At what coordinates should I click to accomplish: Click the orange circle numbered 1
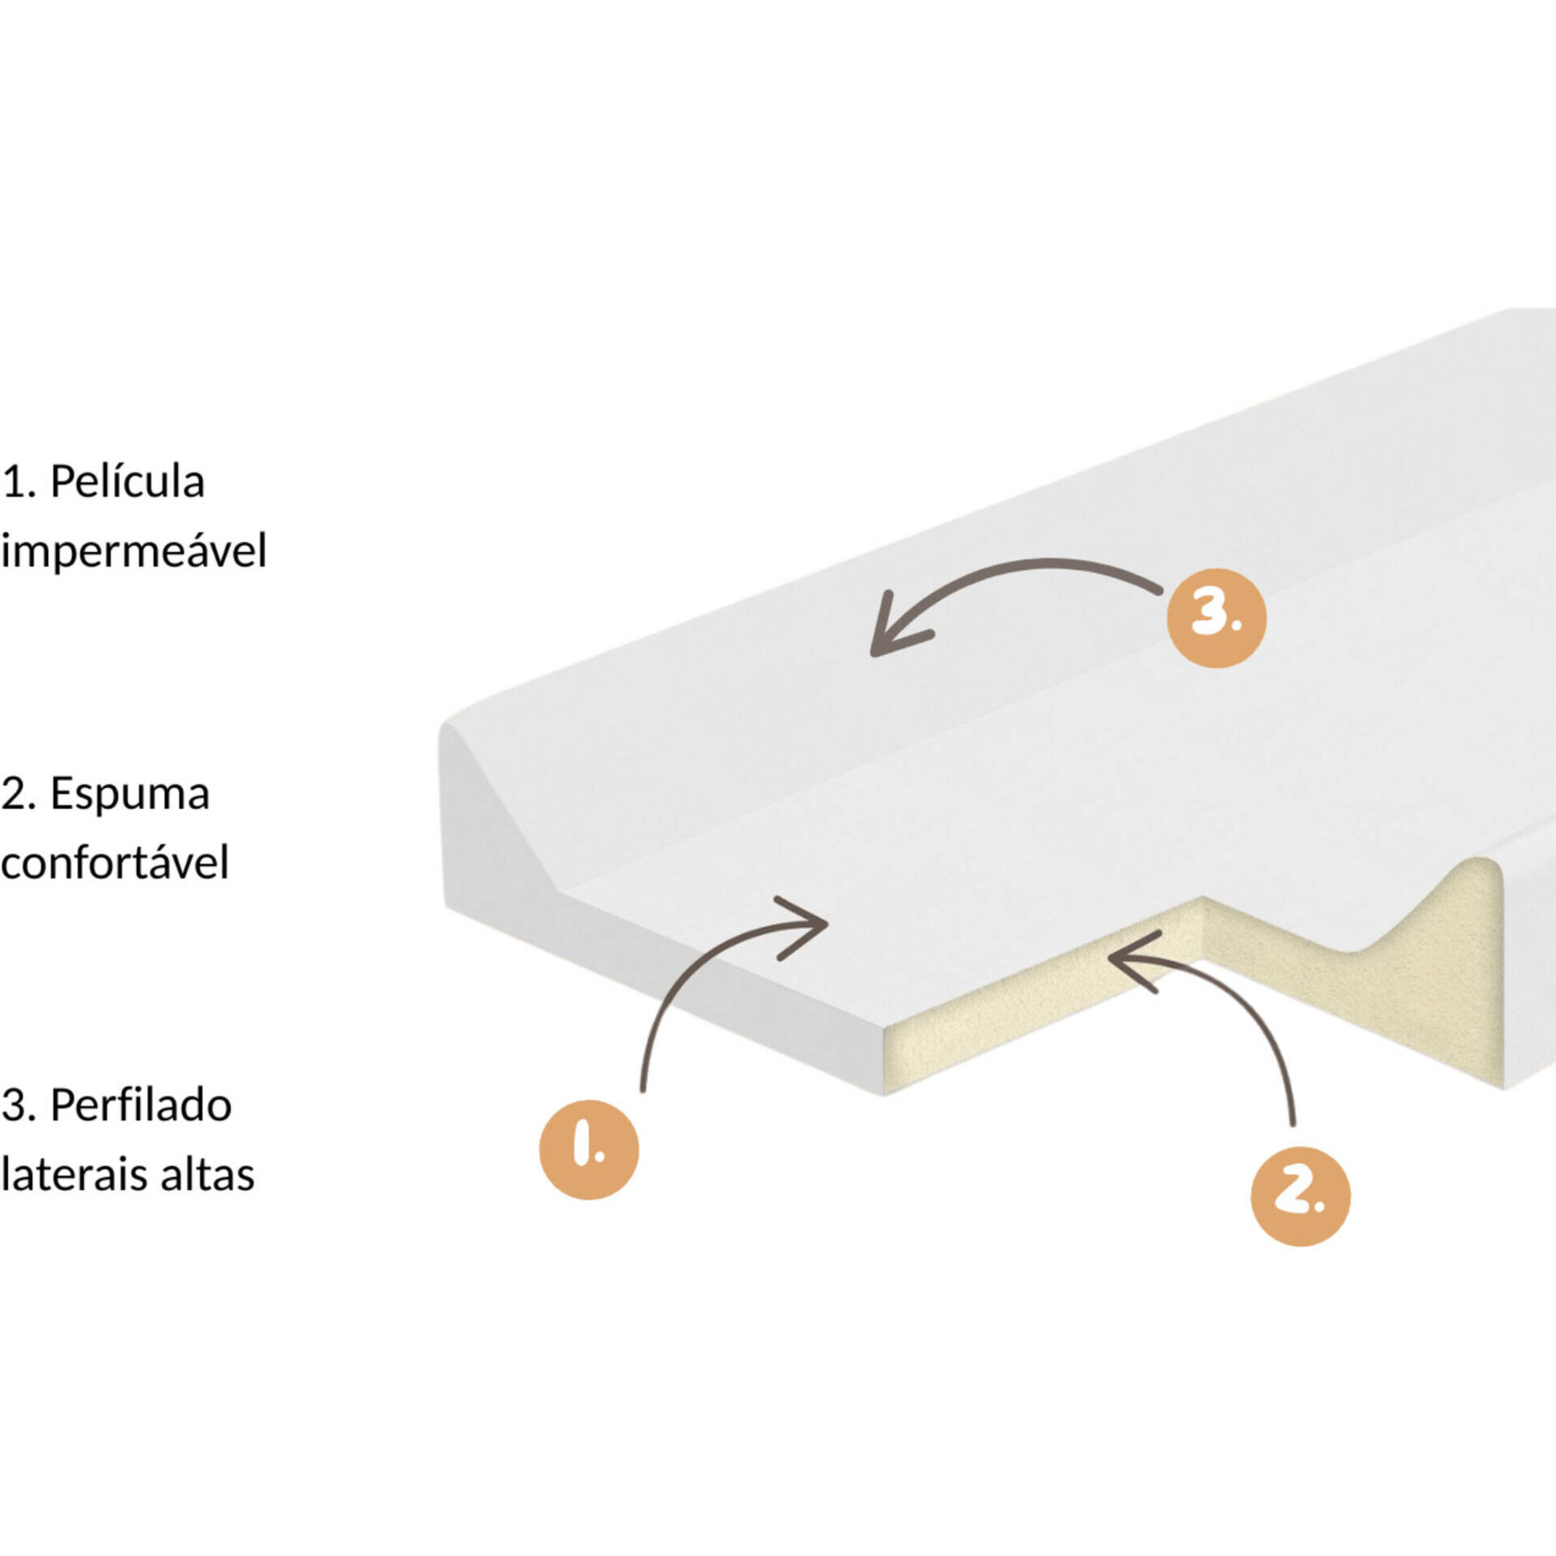tap(589, 1149)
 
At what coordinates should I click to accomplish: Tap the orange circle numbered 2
tap(1300, 1196)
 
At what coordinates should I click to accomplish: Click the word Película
tap(128, 482)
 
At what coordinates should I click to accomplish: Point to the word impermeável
tap(134, 552)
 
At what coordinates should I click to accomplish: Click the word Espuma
tap(130, 794)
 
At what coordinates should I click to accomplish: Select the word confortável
tap(115, 862)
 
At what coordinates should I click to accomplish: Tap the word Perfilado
tap(141, 1105)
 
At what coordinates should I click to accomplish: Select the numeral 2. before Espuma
tap(20, 794)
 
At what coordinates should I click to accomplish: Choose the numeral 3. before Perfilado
tap(20, 1105)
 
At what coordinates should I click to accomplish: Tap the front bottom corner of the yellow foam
tap(885, 1094)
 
